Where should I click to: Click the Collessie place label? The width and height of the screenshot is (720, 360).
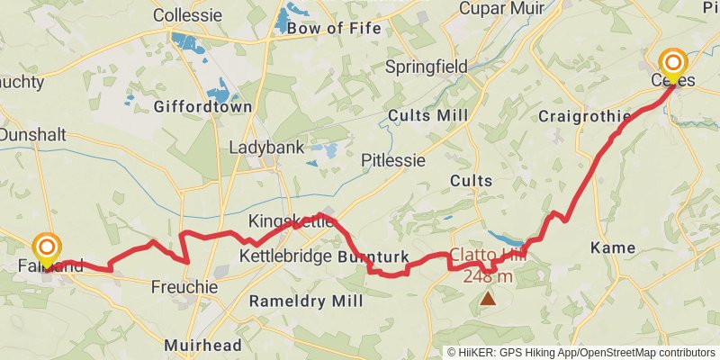click(187, 15)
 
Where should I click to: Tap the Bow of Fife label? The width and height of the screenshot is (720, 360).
click(329, 28)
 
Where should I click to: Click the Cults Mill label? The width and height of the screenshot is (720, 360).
click(428, 115)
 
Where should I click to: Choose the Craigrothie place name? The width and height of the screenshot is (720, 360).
click(584, 117)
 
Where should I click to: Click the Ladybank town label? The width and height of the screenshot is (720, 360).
click(266, 148)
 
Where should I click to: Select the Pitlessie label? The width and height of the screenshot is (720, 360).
click(392, 160)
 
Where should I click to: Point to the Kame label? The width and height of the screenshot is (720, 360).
click(612, 247)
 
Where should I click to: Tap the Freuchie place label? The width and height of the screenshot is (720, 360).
click(184, 288)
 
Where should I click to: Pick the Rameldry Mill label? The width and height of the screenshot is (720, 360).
click(307, 301)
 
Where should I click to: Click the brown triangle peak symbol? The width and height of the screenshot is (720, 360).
click(488, 298)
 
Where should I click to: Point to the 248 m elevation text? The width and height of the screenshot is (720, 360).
click(489, 276)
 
